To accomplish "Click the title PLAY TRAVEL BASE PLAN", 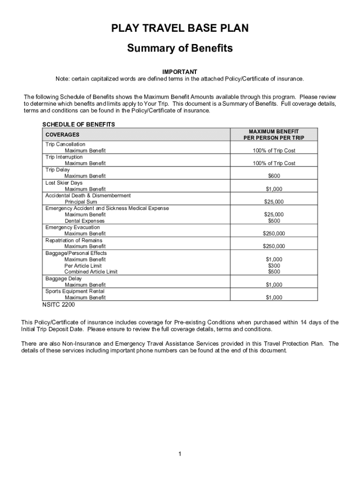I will point(180,29).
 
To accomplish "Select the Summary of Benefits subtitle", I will point(180,49).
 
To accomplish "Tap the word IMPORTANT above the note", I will point(180,72).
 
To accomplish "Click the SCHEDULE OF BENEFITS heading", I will point(79,124).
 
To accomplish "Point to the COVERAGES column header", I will point(62,135).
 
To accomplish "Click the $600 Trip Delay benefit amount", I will point(274,176).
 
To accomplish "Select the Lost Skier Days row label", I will point(64,183).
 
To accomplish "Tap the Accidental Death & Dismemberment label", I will point(88,196).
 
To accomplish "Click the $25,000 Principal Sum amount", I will point(274,202).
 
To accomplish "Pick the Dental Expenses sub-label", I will point(85,221).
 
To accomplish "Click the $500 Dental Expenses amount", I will point(274,221).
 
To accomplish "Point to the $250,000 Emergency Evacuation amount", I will point(274,233).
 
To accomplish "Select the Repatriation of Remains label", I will point(74,240).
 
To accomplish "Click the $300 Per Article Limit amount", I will point(274,266).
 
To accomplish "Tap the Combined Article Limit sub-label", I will point(91,272).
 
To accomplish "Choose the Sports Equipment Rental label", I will point(75,291).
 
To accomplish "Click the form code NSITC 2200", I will point(58,305).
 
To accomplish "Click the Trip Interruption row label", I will point(65,157).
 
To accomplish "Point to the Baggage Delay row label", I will point(64,278).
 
